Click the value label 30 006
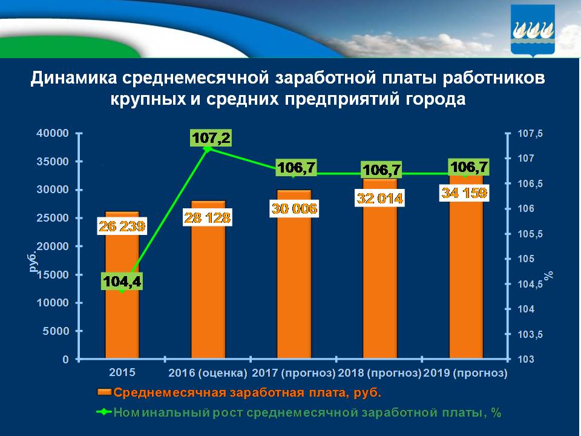tap(294, 209)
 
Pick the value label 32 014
tap(380, 199)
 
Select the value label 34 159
tap(466, 194)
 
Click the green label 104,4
tap(122, 282)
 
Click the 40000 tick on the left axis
tap(54, 133)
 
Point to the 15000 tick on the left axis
tap(54, 275)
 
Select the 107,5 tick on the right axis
tap(525, 133)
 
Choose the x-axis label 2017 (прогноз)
tap(294, 372)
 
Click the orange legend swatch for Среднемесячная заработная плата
tap(104, 393)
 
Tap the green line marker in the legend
tap(104, 412)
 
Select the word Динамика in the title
tap(73, 79)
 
